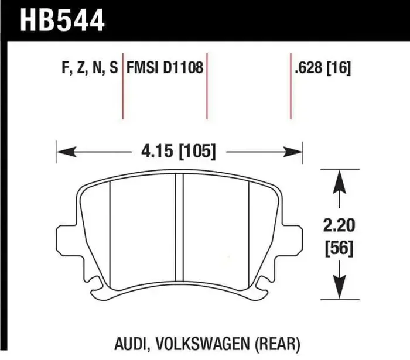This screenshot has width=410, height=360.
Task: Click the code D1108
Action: pos(184,68)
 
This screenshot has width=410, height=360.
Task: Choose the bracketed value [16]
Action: pos(339,68)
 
